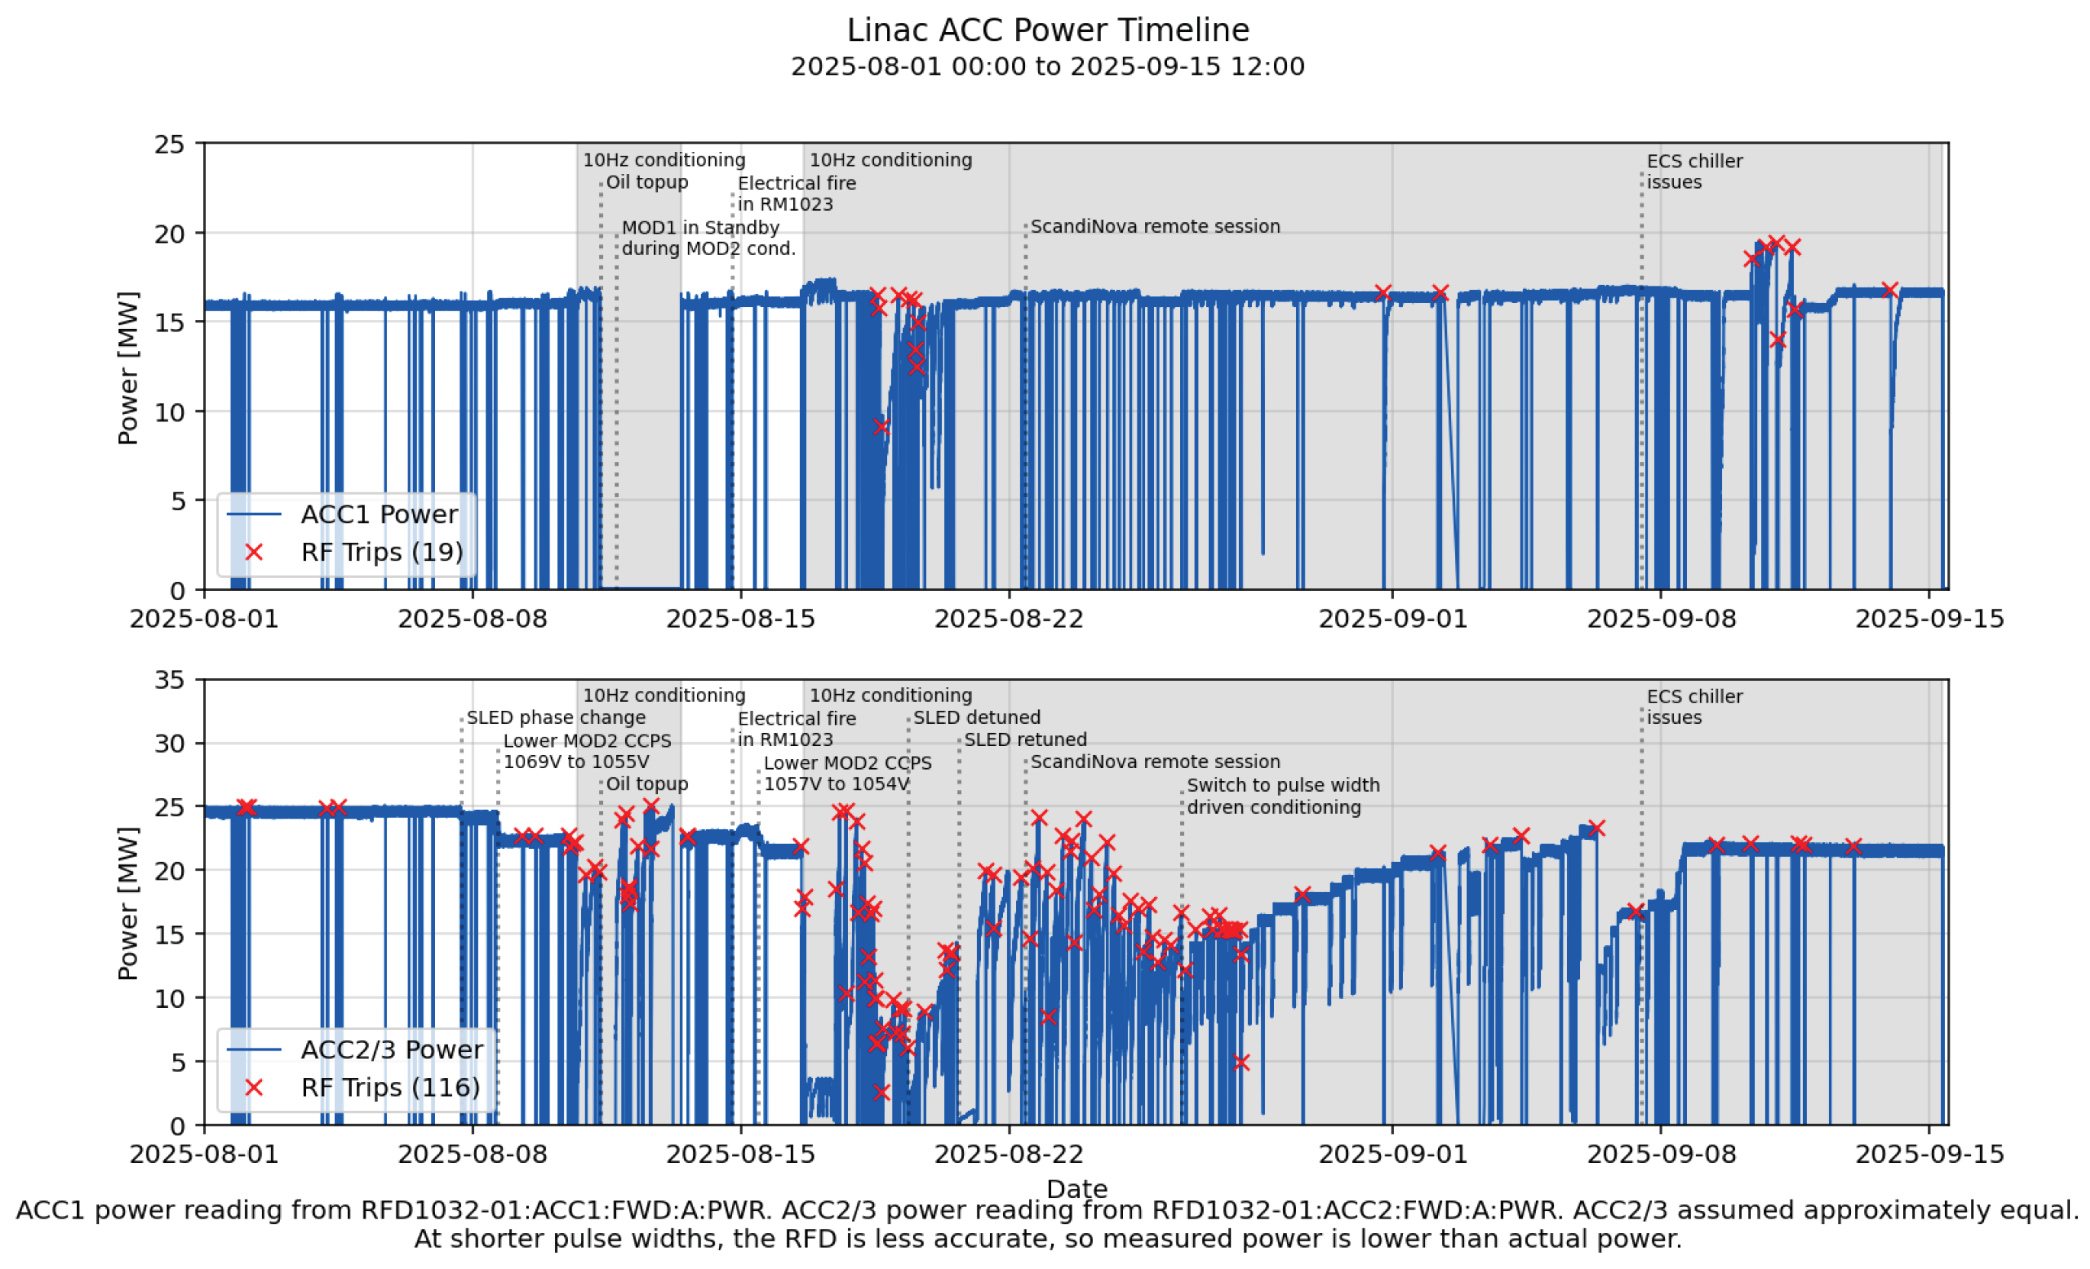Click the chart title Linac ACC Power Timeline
click(1047, 31)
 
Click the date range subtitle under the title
click(1047, 66)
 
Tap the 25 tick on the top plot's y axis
click(169, 144)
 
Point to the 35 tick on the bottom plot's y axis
click(169, 680)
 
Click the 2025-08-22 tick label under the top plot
click(1008, 619)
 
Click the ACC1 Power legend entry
click(379, 514)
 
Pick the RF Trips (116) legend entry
click(389, 1087)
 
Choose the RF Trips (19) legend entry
click(381, 552)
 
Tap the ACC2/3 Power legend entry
click(391, 1049)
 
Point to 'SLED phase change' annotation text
click(556, 718)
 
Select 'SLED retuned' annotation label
click(1024, 740)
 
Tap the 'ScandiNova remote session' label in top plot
click(1154, 227)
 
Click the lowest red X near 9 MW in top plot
click(882, 427)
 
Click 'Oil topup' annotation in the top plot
click(647, 182)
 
